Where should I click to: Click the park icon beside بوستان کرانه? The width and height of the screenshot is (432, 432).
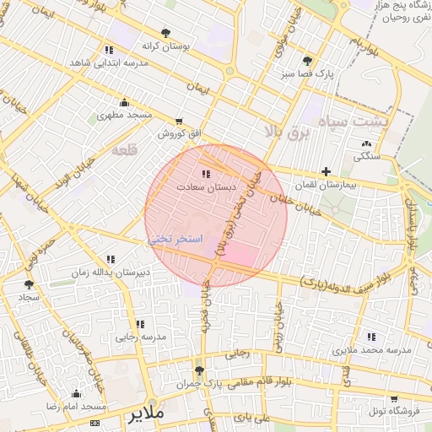176,33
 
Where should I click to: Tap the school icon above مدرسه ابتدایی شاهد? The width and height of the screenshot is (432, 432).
109,50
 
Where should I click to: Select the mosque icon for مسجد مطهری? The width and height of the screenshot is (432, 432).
125,102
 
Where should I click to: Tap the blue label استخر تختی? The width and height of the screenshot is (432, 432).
175,240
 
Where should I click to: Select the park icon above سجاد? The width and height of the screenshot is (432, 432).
30,285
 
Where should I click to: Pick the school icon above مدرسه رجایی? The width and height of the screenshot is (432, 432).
140,324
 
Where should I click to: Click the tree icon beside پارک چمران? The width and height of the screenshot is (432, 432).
199,370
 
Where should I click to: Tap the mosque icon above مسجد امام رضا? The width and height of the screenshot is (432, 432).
77,393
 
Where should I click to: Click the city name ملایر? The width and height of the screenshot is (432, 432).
146,416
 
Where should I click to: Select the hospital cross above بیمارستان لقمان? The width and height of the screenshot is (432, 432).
327,171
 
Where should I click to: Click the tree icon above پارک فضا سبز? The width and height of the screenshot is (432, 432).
307,62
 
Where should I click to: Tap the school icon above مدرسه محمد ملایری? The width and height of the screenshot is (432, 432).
371,337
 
